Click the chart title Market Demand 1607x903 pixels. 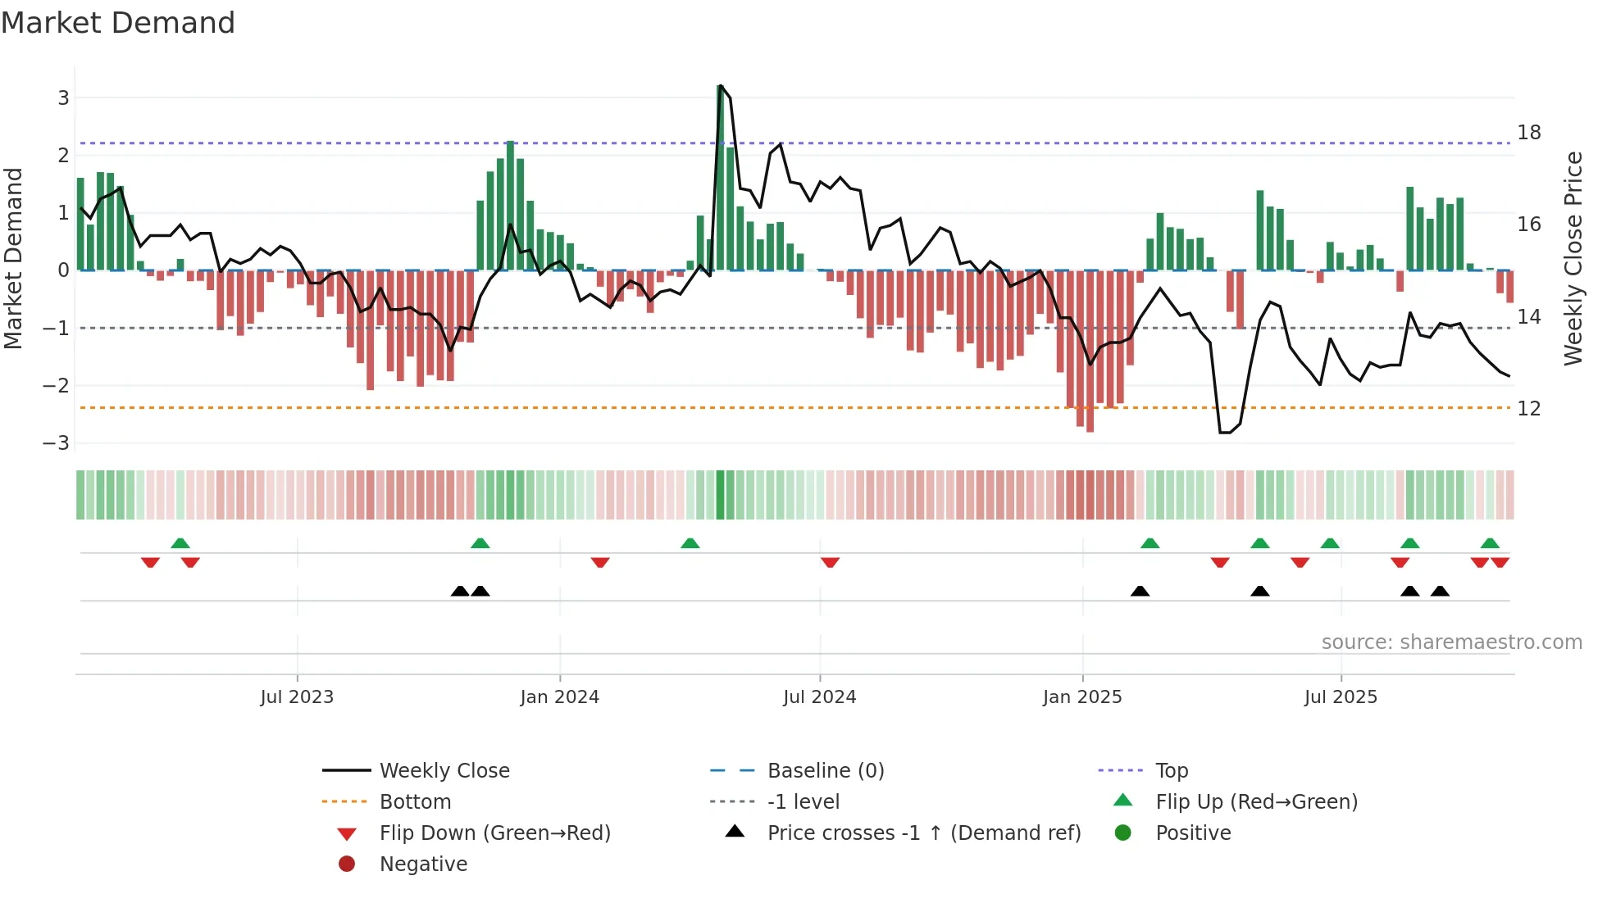(118, 23)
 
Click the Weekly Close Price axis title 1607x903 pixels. (1573, 258)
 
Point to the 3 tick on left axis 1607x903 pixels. (63, 98)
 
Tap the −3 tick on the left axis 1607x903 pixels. (56, 443)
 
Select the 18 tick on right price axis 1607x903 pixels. (1528, 133)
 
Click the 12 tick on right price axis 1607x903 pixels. (1528, 409)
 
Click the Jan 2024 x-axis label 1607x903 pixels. (559, 697)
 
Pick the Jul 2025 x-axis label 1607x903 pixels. (1341, 697)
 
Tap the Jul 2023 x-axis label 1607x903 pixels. (297, 697)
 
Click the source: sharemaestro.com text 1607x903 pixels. (1451, 642)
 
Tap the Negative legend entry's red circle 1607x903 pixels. (347, 864)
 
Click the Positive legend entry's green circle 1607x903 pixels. (1123, 833)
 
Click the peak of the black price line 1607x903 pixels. (720, 85)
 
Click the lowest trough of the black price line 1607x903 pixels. (1224, 433)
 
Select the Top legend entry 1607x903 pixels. (1171, 771)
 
